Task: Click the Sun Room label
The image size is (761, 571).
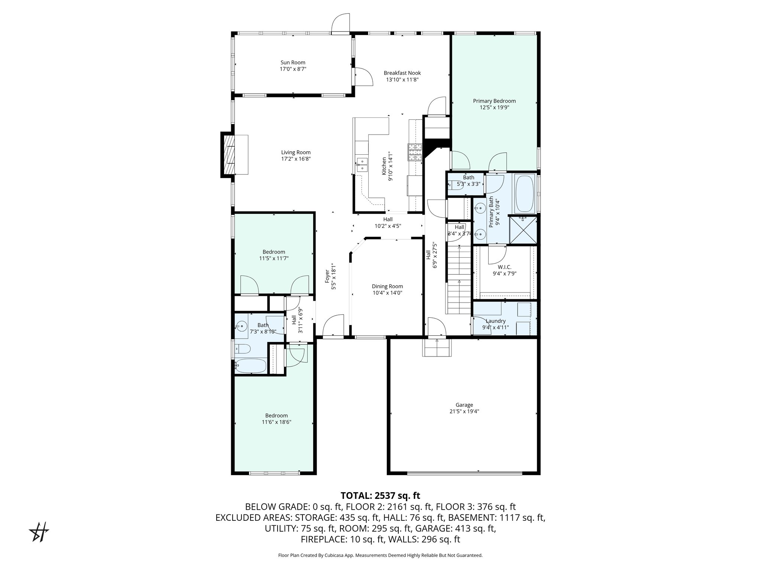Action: [293, 62]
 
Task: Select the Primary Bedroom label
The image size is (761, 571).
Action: [494, 101]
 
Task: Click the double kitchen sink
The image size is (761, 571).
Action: [362, 165]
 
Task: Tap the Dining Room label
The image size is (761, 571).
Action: [387, 286]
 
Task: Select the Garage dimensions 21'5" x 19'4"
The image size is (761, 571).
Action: [464, 412]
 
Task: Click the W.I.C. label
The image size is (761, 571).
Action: [505, 267]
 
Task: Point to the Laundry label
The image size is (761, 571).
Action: [496, 321]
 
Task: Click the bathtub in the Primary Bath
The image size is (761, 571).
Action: [525, 193]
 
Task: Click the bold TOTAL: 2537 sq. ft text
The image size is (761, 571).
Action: [380, 496]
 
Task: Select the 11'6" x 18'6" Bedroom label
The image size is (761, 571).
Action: [276, 416]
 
